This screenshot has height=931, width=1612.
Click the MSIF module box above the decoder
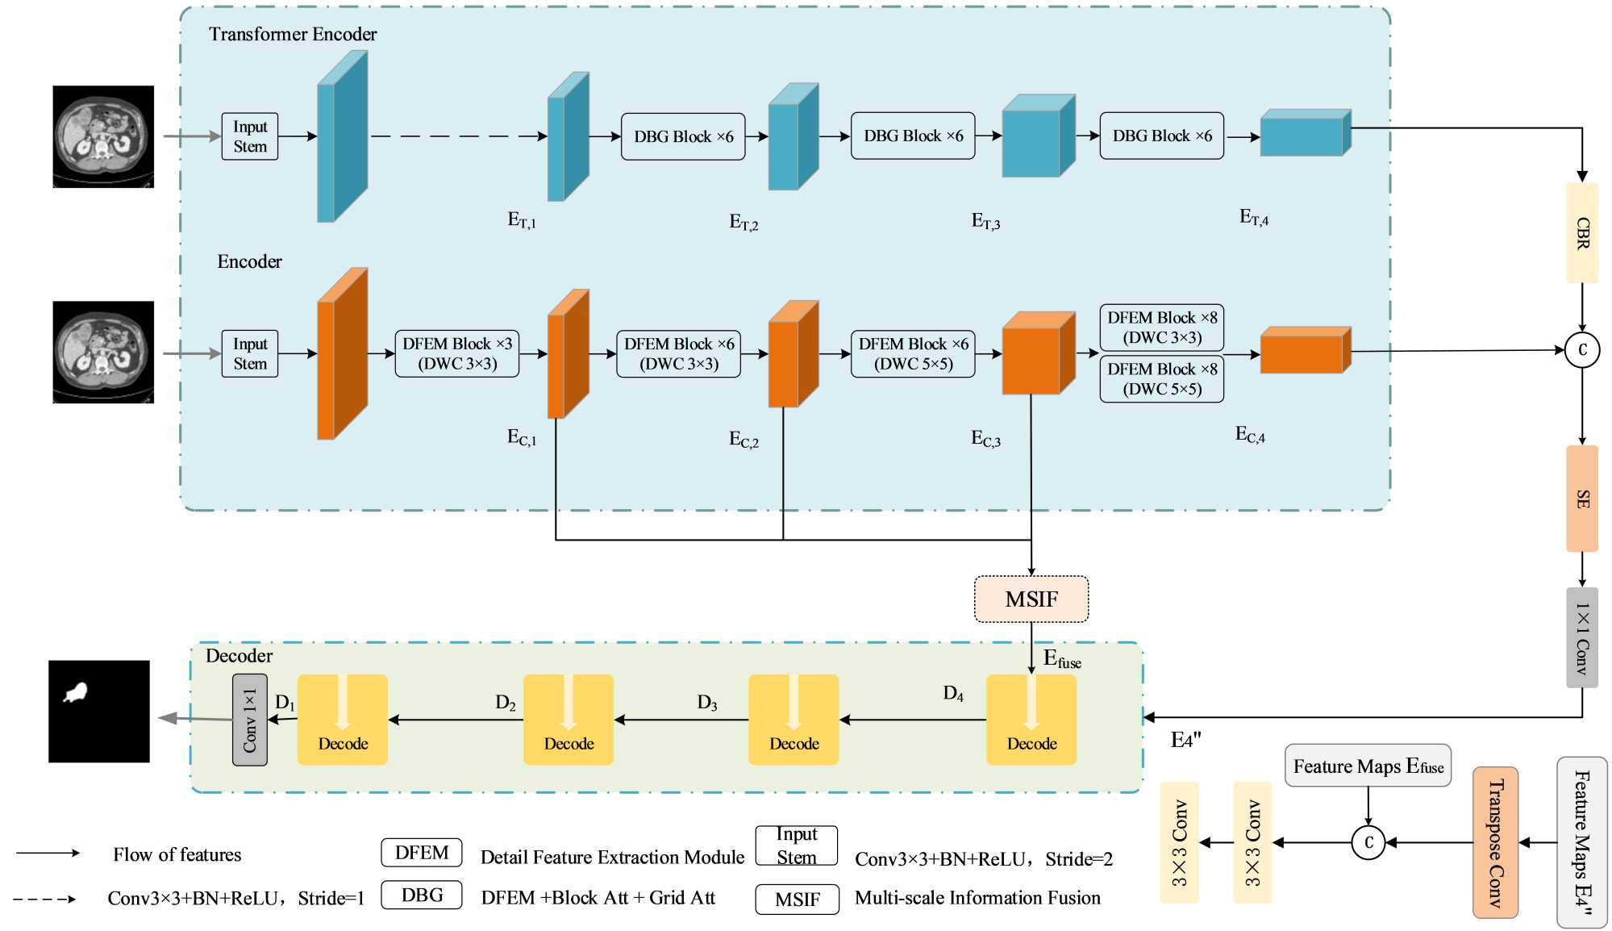pyautogui.click(x=1031, y=599)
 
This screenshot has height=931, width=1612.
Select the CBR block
pyautogui.click(x=1581, y=233)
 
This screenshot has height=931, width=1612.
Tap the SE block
pyautogui.click(x=1581, y=499)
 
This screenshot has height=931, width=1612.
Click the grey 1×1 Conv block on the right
pyautogui.click(x=1581, y=638)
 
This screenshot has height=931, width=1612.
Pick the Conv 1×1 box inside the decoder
pyautogui.click(x=250, y=720)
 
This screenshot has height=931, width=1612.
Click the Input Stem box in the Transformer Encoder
pyautogui.click(x=250, y=136)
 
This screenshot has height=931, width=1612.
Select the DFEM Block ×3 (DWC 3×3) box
pyautogui.click(x=457, y=353)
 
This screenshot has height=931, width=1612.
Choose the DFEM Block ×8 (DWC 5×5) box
pyautogui.click(x=1161, y=378)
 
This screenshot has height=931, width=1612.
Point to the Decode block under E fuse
pyautogui.click(x=1031, y=720)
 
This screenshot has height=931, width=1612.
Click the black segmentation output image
pyautogui.click(x=99, y=712)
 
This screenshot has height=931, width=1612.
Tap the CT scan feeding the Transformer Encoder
pyautogui.click(x=103, y=136)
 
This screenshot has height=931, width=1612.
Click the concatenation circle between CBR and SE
pyautogui.click(x=1581, y=350)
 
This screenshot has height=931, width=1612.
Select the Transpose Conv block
pyautogui.click(x=1495, y=842)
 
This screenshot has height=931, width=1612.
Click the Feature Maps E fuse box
pyautogui.click(x=1368, y=766)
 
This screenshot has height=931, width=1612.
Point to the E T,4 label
pyautogui.click(x=1253, y=217)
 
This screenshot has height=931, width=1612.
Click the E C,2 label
pyautogui.click(x=744, y=440)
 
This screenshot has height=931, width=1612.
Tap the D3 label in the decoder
pyautogui.click(x=706, y=703)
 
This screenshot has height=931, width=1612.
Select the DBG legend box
pyautogui.click(x=422, y=895)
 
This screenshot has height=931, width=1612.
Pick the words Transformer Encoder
pyautogui.click(x=293, y=34)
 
